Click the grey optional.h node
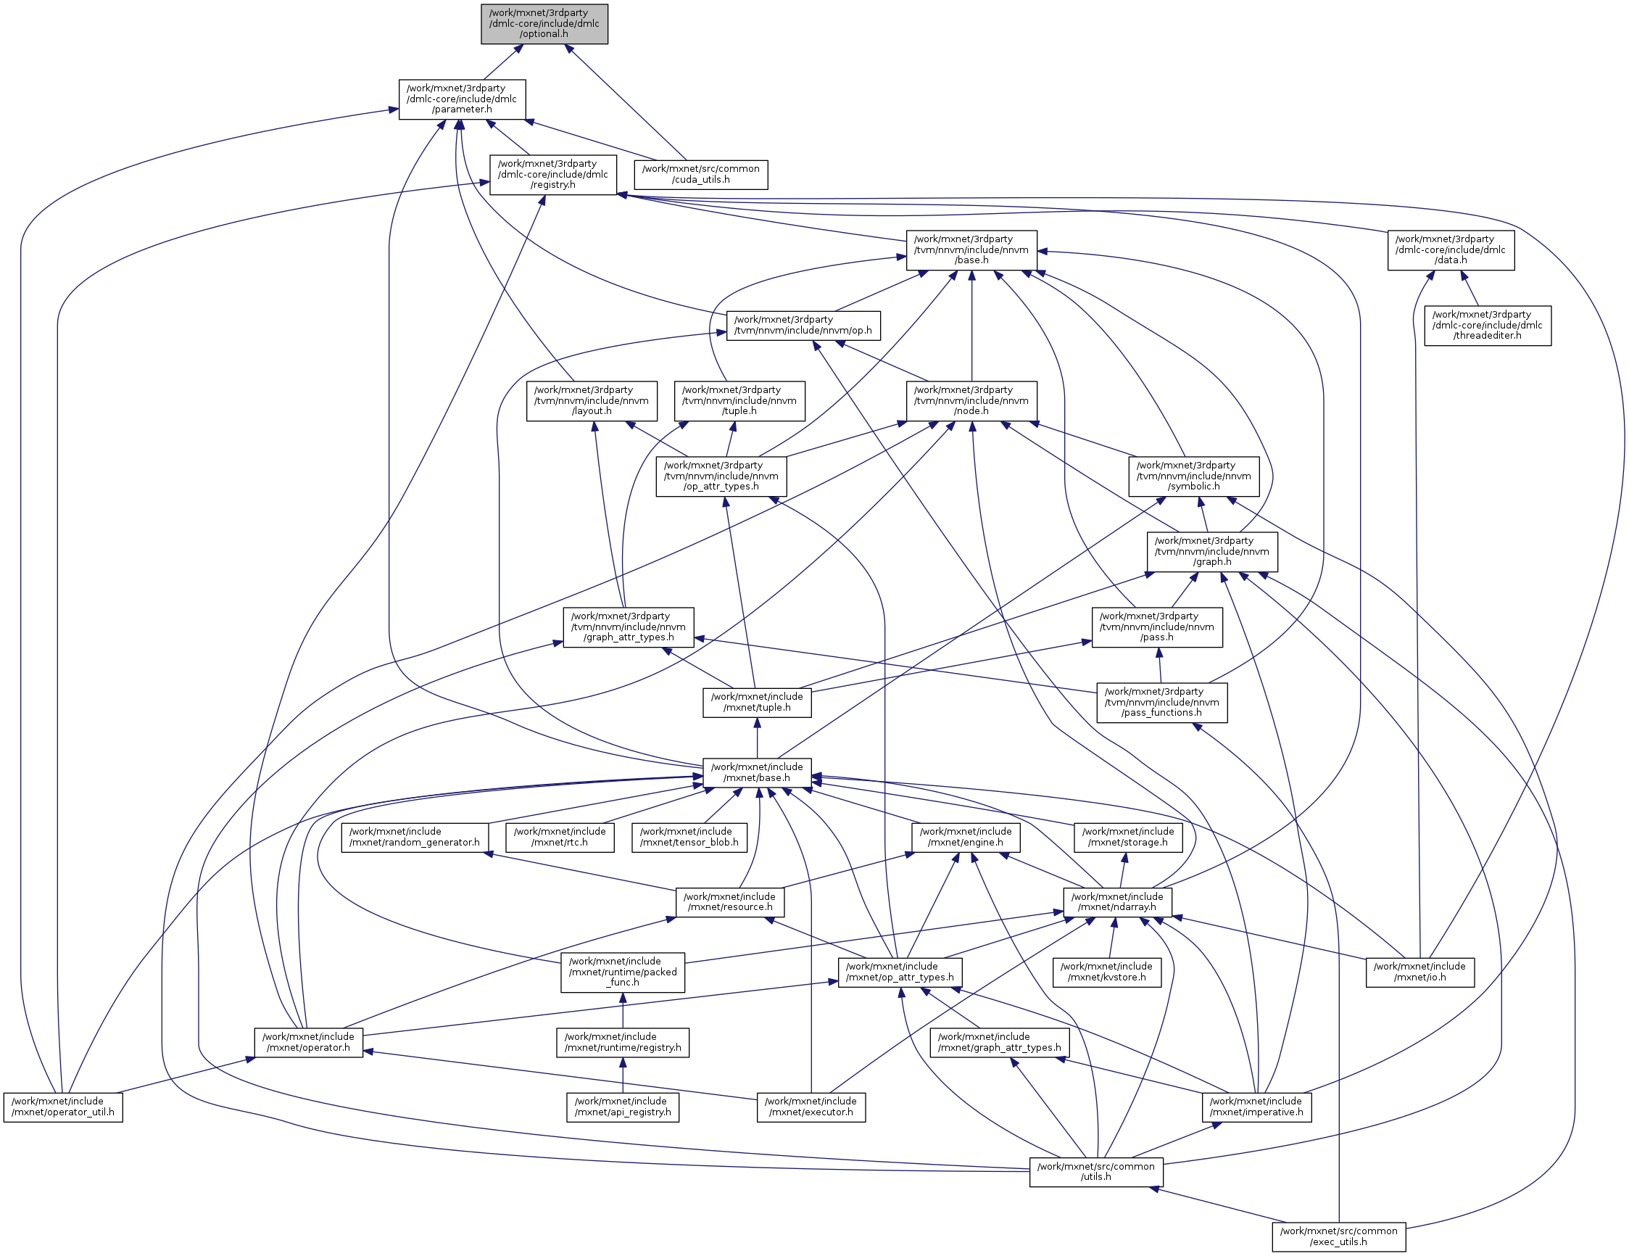544,24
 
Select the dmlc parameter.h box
462,99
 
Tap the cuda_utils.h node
700,175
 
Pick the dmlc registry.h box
552,175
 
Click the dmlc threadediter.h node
1488,326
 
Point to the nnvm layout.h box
592,401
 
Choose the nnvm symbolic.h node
1193,476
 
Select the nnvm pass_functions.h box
1161,702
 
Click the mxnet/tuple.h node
756,702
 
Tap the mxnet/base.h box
756,772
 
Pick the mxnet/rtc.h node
560,838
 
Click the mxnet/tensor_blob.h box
689,838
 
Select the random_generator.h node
415,838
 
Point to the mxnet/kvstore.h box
1106,972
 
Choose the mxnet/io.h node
1419,972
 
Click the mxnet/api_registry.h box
623,1107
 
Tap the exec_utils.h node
1338,1236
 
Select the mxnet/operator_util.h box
62,1107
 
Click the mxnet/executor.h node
811,1107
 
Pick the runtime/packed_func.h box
623,972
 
